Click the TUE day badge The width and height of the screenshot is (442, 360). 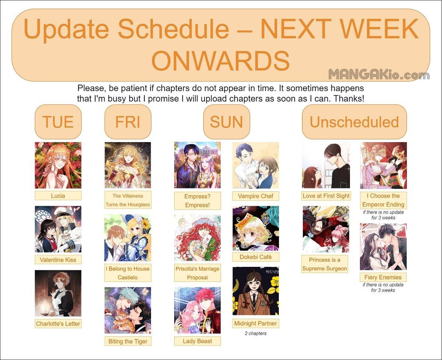(58, 122)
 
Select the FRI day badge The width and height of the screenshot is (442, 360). (128, 122)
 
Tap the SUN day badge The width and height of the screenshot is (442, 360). (227, 122)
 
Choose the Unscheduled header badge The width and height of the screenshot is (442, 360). (354, 122)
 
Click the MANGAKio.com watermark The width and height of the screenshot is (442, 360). (379, 75)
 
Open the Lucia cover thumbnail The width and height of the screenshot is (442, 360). (58, 165)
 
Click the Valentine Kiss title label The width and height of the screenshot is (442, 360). (58, 260)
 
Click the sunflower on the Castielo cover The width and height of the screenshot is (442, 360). (145, 224)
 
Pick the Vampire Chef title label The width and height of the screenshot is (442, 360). (256, 196)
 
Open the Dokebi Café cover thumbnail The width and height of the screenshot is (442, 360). (256, 228)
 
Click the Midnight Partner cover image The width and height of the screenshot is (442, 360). (256, 291)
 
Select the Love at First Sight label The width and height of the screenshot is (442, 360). (326, 196)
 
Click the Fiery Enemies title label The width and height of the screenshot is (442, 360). (383, 277)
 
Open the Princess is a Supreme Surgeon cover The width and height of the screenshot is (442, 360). (326, 229)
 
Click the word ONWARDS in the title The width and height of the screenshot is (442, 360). (220, 61)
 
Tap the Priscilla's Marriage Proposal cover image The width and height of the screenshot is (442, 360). (197, 238)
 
